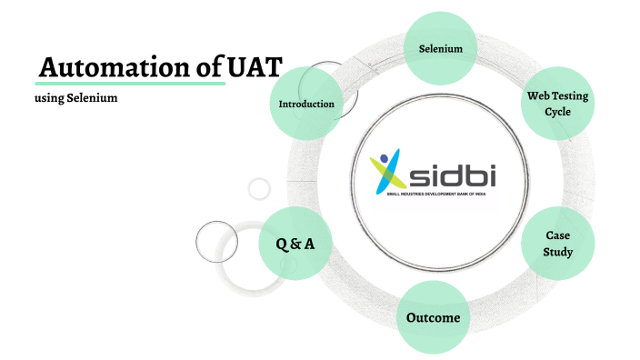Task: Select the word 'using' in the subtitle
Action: click(48, 97)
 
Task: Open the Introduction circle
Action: click(306, 104)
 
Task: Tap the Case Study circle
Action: click(557, 243)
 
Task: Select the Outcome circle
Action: click(434, 318)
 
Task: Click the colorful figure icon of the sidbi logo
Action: click(386, 172)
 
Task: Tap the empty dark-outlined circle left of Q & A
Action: click(216, 241)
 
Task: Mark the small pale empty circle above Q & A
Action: click(259, 188)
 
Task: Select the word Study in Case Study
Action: click(557, 251)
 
